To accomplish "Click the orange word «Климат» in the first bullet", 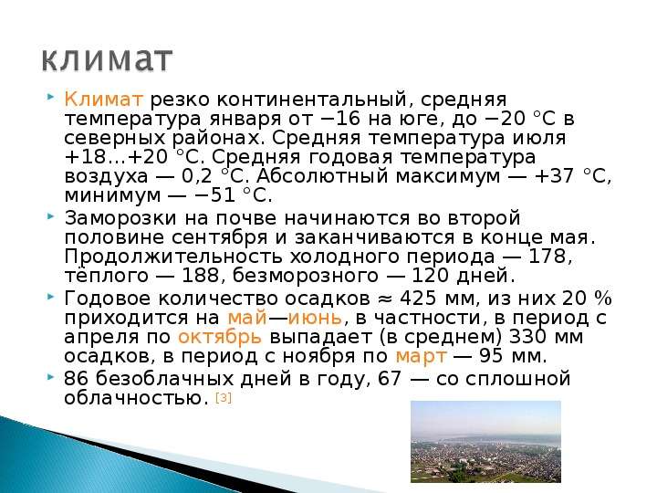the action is coord(103,100).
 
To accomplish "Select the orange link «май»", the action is coord(246,318).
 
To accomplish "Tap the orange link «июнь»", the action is coord(315,318).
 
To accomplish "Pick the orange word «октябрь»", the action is coord(220,337).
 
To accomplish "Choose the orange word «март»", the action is coord(421,356).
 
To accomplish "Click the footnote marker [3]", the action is coord(224,397).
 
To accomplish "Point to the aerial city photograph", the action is coord(485,442).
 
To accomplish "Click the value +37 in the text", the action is coord(554,176).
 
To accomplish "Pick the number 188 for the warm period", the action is coord(201,276).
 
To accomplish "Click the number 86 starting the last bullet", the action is coord(77,379).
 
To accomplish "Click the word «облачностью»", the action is coord(137,398).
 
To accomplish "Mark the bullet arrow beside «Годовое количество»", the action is coord(51,297).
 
